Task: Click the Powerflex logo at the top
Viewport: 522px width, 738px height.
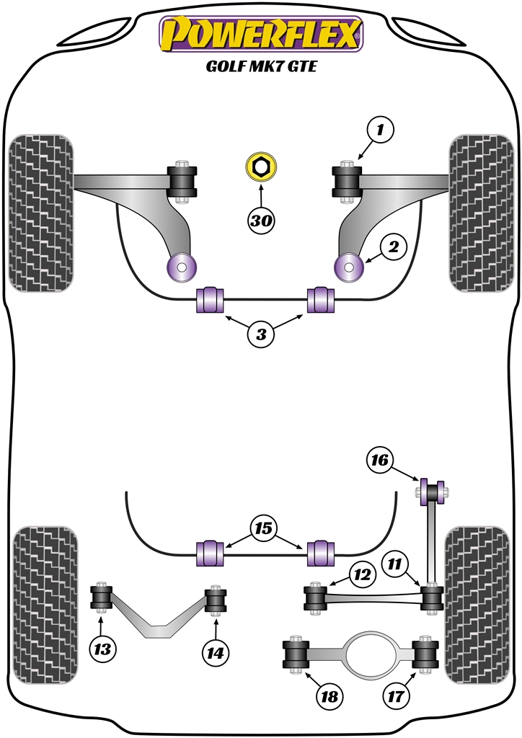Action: (x=261, y=34)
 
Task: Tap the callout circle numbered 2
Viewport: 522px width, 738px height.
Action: (x=393, y=248)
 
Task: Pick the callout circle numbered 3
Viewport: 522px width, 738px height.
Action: (x=261, y=334)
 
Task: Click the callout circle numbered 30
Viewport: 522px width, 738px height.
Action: (x=261, y=221)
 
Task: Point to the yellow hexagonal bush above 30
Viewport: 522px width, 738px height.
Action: (x=261, y=169)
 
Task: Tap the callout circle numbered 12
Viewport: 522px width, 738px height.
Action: (x=362, y=575)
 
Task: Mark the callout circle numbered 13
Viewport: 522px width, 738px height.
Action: (x=103, y=649)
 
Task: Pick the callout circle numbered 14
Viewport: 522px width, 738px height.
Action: (x=215, y=653)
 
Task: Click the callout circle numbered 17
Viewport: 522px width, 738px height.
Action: (x=397, y=696)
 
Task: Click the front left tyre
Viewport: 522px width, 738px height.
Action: (x=41, y=213)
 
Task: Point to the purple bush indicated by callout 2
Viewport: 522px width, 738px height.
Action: (x=350, y=267)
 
